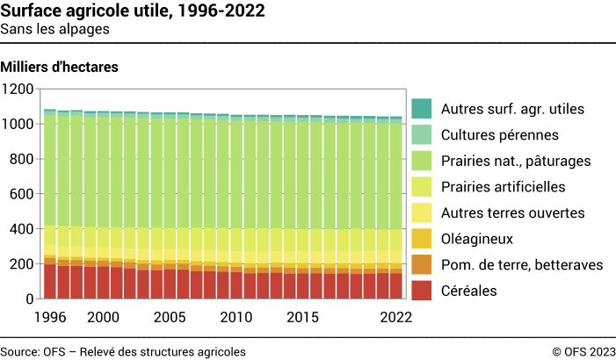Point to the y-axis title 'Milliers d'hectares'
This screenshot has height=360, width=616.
tap(60, 67)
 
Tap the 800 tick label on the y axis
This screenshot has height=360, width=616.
tap(21, 159)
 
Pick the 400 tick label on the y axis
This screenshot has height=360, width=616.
tap(21, 229)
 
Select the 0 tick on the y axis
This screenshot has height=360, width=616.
tap(30, 299)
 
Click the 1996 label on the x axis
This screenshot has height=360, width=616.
tap(50, 316)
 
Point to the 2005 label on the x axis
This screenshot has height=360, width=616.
tap(169, 316)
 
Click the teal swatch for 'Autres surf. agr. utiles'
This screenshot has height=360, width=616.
tap(422, 110)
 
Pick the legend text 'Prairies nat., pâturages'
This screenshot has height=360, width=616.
tap(516, 161)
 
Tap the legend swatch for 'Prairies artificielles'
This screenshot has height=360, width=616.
tap(422, 187)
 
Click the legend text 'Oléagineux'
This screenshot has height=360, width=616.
tap(478, 238)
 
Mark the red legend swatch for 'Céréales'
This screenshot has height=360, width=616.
tap(422, 290)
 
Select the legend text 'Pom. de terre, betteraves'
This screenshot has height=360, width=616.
tap(521, 264)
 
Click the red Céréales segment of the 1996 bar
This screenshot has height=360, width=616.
tap(50, 281)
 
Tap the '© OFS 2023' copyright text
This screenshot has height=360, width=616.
tap(583, 351)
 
